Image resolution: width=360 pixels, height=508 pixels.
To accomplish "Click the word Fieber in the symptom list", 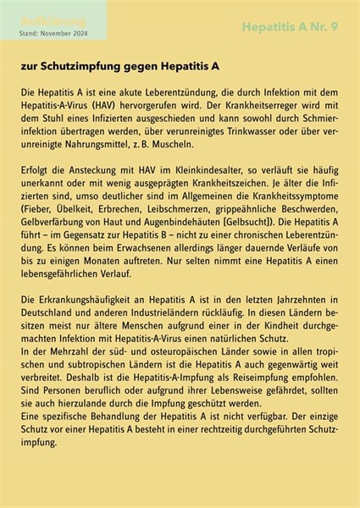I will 40,207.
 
